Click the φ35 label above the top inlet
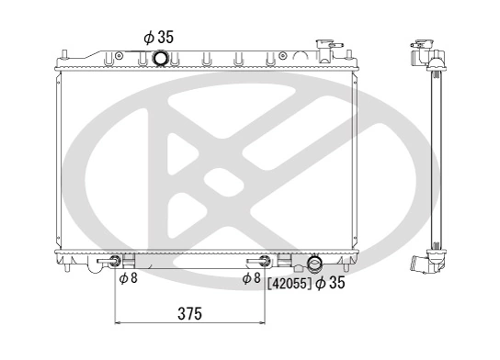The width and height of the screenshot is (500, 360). point(158,37)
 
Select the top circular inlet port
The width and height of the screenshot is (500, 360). point(161,60)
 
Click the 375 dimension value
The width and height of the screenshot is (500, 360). point(188,313)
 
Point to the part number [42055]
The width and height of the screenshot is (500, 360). point(289,284)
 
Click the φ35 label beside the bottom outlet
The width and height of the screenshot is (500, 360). point(330,284)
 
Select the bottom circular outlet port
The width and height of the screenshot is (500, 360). point(316,264)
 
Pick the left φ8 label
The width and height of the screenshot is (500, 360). point(128,278)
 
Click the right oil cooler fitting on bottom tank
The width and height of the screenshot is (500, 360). point(266,262)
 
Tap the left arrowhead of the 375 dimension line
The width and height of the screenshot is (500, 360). point(118,323)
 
